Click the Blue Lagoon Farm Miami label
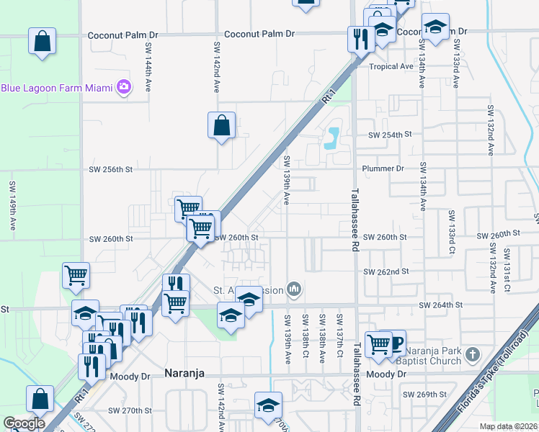tap(57, 88)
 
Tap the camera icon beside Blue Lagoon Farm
tap(124, 87)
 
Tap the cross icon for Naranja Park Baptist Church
tap(472, 355)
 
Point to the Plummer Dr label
tap(385, 168)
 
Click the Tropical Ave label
tap(391, 66)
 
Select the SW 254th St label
tap(388, 135)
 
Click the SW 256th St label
tap(111, 170)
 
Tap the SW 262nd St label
tap(386, 271)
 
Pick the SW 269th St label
tap(425, 395)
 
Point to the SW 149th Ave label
tap(13, 205)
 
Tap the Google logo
tap(24, 423)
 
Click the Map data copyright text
tap(508, 426)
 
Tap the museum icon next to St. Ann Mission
tap(293, 289)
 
